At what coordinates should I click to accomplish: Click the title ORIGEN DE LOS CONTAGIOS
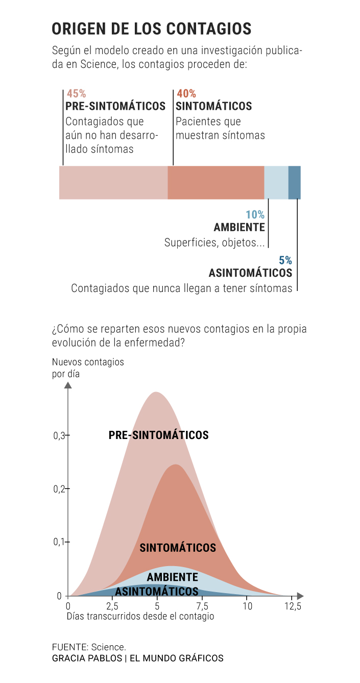point(152,29)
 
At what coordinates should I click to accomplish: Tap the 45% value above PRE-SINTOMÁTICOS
point(76,94)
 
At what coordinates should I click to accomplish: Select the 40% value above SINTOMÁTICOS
point(186,94)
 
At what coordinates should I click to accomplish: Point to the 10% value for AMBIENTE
point(255,215)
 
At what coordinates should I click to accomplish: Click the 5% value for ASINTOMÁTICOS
point(285,260)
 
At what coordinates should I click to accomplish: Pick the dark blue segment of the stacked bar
point(295,182)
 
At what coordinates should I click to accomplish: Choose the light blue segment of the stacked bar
point(276,182)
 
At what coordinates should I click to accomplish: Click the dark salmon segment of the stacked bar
point(215,182)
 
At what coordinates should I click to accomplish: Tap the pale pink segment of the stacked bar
point(113,182)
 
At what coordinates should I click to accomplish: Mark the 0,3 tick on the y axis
point(60,435)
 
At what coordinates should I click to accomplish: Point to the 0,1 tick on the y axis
point(60,542)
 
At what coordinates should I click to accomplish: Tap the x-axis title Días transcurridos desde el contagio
point(140,616)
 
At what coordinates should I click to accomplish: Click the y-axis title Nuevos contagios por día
point(88,368)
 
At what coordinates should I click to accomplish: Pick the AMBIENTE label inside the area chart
point(172,577)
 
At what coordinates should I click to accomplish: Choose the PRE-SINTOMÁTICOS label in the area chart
point(158,435)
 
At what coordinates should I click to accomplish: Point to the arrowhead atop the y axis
point(68,385)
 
